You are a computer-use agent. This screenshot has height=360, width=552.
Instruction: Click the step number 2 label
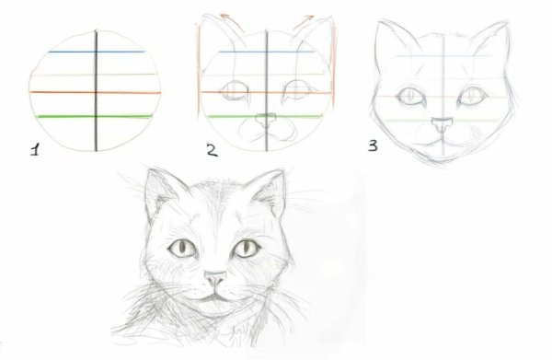(211, 150)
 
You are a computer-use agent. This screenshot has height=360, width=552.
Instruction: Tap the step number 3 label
(373, 145)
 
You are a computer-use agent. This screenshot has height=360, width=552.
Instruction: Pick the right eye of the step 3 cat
(472, 96)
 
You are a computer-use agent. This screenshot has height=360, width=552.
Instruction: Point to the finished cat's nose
(213, 277)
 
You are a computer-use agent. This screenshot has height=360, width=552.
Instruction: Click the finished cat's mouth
(213, 296)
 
